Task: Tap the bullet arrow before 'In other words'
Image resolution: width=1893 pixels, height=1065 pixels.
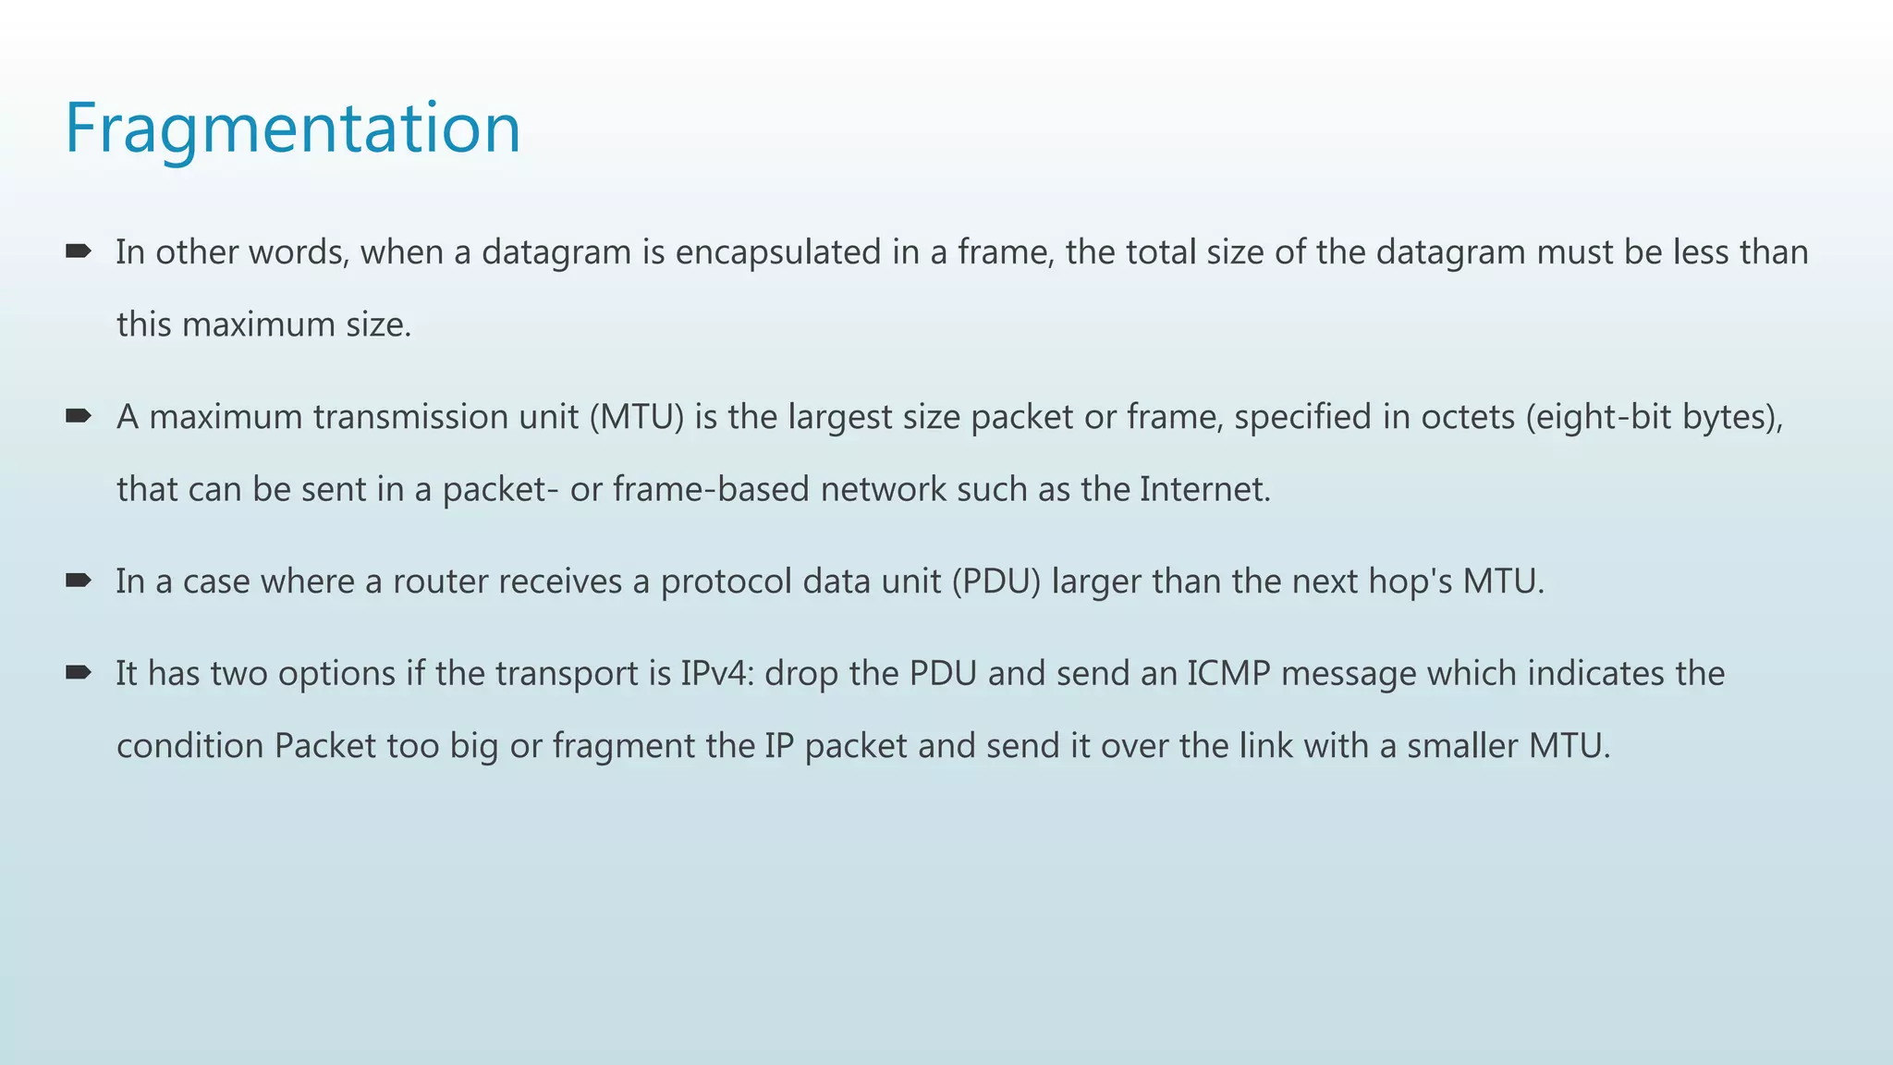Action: (x=78, y=251)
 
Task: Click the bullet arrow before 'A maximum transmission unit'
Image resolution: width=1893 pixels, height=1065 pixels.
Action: (x=78, y=416)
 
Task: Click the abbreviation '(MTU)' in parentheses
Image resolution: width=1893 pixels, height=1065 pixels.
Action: (x=637, y=417)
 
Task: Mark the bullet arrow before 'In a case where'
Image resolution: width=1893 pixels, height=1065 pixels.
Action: (x=78, y=580)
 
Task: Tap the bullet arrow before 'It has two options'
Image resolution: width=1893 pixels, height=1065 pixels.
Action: (x=78, y=672)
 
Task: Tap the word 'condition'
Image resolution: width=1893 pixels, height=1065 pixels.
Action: (x=190, y=746)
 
